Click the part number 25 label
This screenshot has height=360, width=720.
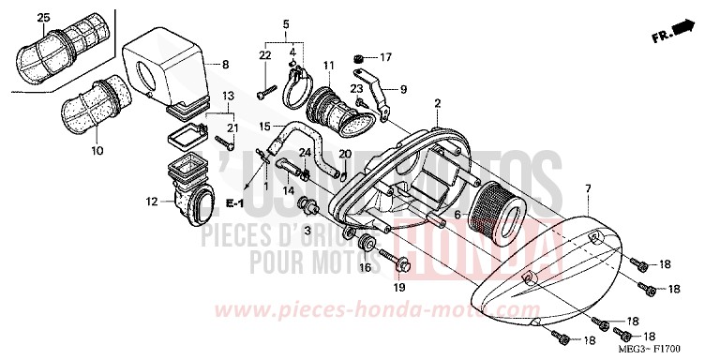click(x=41, y=19)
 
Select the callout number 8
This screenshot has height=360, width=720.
click(x=225, y=64)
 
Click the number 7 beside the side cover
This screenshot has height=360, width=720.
click(x=589, y=188)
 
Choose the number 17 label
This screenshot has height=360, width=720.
click(x=385, y=56)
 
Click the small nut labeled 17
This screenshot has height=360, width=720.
click(x=360, y=57)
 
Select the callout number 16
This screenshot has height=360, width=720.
click(x=365, y=268)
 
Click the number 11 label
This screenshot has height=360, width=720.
click(x=329, y=65)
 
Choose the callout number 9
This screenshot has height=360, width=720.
click(x=404, y=90)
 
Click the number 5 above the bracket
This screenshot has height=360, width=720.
click(x=286, y=22)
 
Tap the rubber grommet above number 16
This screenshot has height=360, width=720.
click(x=366, y=246)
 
